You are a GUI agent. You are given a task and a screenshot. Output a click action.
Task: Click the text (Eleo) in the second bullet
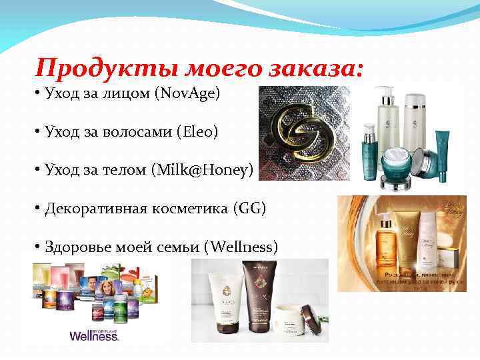click(x=197, y=132)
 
